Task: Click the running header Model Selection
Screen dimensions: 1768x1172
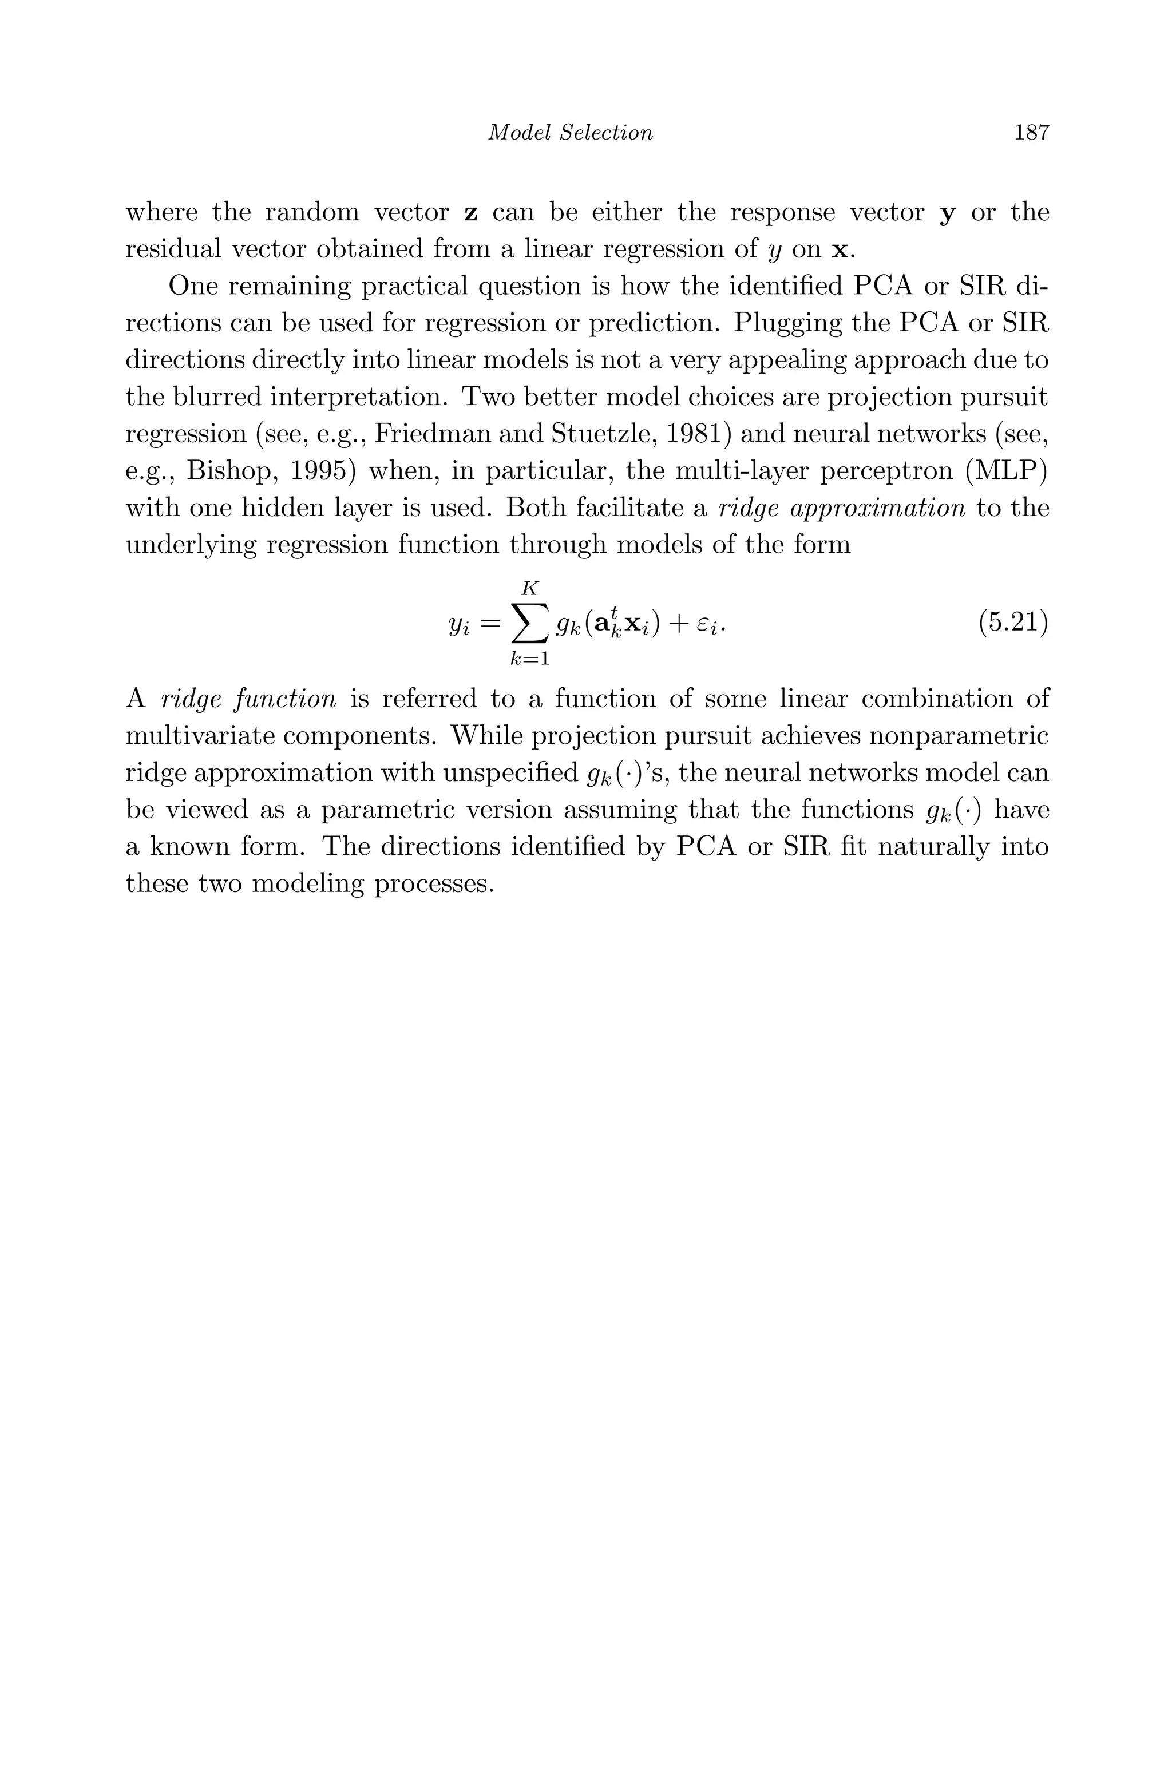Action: click(x=571, y=133)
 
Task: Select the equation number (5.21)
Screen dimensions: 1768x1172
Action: click(x=1013, y=622)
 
